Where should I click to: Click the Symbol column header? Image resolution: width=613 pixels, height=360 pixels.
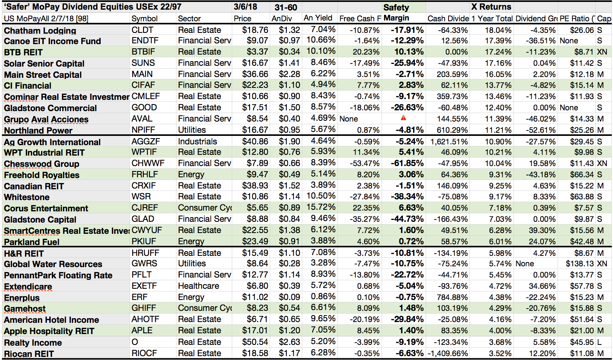pos(144,18)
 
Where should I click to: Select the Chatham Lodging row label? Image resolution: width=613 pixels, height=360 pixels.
pos(40,31)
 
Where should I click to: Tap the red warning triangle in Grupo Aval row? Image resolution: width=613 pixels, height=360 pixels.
pos(403,118)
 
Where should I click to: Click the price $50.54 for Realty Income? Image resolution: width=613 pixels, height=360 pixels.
pos(255,342)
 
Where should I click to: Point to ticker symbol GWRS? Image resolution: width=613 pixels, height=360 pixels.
pos(144,264)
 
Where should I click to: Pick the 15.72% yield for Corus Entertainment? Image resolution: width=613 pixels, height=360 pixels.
pos(321,207)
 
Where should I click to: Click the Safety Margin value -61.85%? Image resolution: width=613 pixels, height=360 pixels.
pos(407,163)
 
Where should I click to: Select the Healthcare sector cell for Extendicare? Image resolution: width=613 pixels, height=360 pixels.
pos(199,286)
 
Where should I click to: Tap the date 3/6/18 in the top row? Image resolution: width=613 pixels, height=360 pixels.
pos(245,7)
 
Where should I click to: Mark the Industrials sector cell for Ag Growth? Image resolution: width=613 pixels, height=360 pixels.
pos(197,142)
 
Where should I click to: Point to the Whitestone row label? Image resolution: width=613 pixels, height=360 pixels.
pos(27,197)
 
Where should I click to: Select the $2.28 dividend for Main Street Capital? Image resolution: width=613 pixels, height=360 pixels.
pos(289,74)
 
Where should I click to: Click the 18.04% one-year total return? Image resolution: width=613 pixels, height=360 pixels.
pos(498,30)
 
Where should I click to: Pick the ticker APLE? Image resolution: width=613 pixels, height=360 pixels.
pos(142,331)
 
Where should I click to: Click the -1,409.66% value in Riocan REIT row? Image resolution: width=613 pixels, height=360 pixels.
pos(448,353)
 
